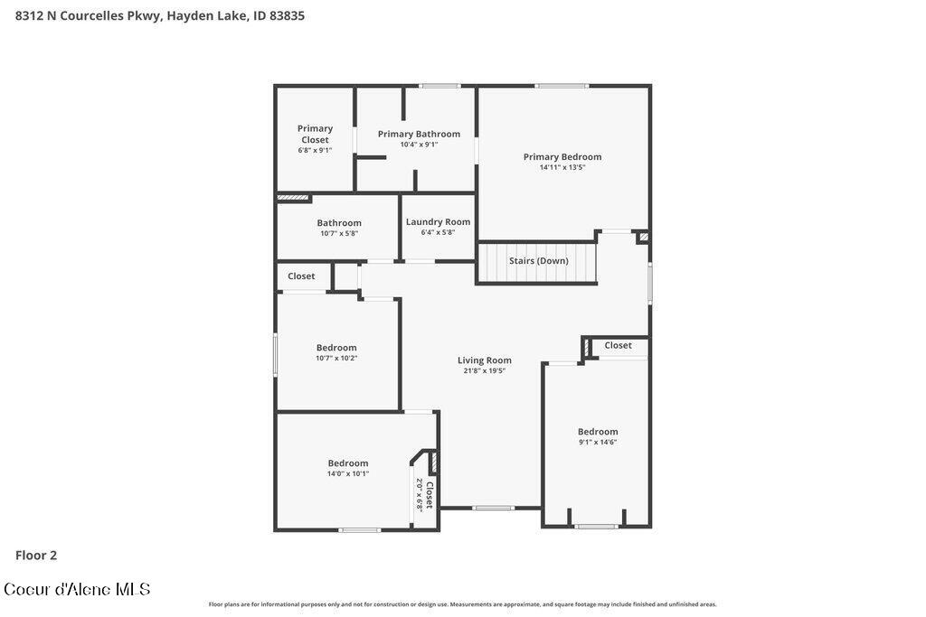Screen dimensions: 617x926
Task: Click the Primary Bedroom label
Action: pos(562,156)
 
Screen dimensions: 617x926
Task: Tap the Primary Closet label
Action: pos(315,134)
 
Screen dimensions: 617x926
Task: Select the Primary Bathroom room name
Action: pos(419,134)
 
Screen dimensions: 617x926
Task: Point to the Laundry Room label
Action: pos(438,221)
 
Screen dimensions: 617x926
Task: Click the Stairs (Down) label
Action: pos(538,260)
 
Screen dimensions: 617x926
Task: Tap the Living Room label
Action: pos(484,360)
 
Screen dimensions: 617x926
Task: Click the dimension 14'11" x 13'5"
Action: pos(562,167)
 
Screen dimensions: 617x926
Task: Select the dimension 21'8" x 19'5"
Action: pos(484,370)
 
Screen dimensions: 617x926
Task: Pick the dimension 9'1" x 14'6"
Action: pos(598,442)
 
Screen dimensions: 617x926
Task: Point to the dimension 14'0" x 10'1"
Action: pos(347,473)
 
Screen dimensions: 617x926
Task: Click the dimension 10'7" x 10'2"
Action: pos(336,358)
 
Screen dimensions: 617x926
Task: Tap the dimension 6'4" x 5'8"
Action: pos(438,232)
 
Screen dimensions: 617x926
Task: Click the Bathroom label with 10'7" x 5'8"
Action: pos(338,222)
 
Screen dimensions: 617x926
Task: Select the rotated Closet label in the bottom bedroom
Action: pos(430,495)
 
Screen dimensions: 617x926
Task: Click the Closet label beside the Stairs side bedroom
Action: pos(618,345)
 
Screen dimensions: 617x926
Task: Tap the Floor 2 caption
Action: pos(36,556)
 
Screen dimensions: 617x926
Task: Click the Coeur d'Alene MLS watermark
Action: pos(77,589)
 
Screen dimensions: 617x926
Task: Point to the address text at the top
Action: pos(160,15)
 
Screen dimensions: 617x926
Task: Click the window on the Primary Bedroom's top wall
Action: pos(562,86)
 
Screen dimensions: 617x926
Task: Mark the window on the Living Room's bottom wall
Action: pos(494,508)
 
